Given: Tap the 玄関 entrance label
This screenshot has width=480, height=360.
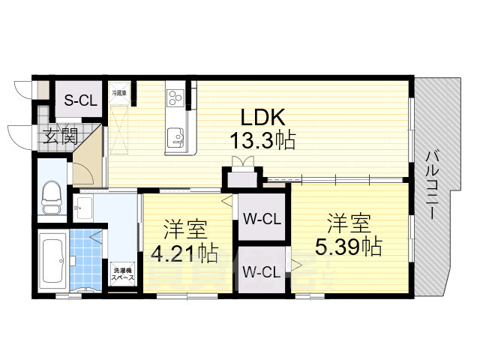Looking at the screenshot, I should pos(60,136).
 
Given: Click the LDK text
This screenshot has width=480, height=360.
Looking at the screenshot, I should pos(262,118).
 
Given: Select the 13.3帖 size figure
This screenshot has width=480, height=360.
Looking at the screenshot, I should pos(262,140).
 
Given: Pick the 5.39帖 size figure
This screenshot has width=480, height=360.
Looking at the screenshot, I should pos(349,245).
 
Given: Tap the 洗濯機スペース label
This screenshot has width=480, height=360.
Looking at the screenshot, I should pos(123,274).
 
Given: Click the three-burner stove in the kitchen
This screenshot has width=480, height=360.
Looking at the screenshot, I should pos(175,97).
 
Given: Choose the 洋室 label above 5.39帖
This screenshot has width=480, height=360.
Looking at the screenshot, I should pos(348,223).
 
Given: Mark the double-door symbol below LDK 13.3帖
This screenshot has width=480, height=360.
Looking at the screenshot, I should pos(241,162).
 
